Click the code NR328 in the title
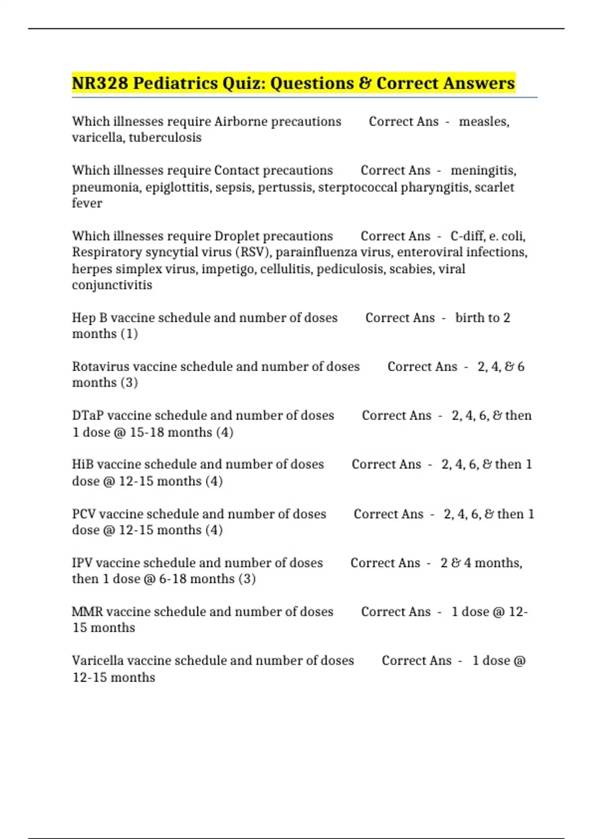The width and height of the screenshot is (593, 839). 100,83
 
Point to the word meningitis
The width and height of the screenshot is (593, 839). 483,170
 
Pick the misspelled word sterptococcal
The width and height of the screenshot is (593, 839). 358,187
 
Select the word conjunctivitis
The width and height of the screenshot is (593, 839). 112,285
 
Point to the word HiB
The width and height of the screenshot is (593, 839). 83,464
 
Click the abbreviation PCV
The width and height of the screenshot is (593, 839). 84,514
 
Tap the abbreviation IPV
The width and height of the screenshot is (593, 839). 82,563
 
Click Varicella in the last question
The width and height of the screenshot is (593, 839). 97,660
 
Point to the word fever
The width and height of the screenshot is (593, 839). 87,203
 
